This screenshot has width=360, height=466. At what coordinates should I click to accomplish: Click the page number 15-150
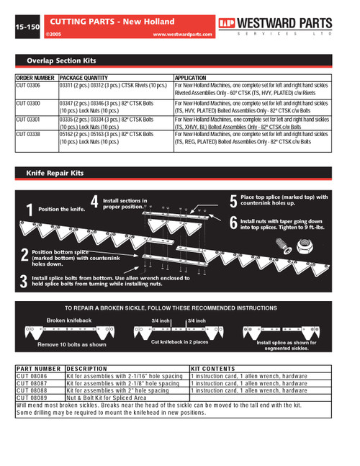[27, 27]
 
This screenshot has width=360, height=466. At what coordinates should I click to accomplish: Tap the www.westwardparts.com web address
[182, 34]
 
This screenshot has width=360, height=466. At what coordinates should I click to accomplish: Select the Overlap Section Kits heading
[62, 61]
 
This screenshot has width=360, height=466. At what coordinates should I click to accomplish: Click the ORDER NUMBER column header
[35, 77]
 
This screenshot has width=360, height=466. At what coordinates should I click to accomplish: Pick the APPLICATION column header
[190, 77]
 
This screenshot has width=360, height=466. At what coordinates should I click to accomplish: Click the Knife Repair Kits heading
[55, 174]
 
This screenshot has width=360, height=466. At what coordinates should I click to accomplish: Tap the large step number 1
[29, 210]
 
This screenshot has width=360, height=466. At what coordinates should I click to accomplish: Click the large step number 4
[94, 202]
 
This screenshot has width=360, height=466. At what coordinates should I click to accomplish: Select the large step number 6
[233, 223]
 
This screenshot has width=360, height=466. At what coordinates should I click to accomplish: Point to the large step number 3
[24, 280]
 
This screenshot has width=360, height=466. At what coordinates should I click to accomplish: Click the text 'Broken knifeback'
[69, 320]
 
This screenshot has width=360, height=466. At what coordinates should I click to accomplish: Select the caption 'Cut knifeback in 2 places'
[179, 341]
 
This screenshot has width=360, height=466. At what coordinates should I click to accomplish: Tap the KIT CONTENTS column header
[212, 369]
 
